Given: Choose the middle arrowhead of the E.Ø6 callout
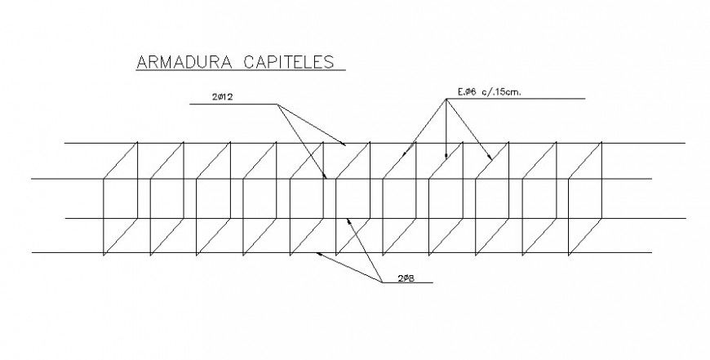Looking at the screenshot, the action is click(x=446, y=154).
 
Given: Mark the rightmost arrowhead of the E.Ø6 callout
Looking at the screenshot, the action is click(x=490, y=157).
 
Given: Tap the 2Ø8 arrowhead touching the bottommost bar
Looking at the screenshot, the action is click(x=318, y=254).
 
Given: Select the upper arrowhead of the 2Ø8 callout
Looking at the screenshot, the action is click(x=348, y=219).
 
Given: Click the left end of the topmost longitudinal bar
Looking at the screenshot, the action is click(x=65, y=143).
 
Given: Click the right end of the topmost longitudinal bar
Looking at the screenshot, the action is click(x=684, y=143).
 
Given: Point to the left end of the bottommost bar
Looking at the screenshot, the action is click(x=33, y=254).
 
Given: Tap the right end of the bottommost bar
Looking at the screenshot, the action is click(x=651, y=254).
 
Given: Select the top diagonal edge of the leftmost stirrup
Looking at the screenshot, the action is click(x=121, y=160).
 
